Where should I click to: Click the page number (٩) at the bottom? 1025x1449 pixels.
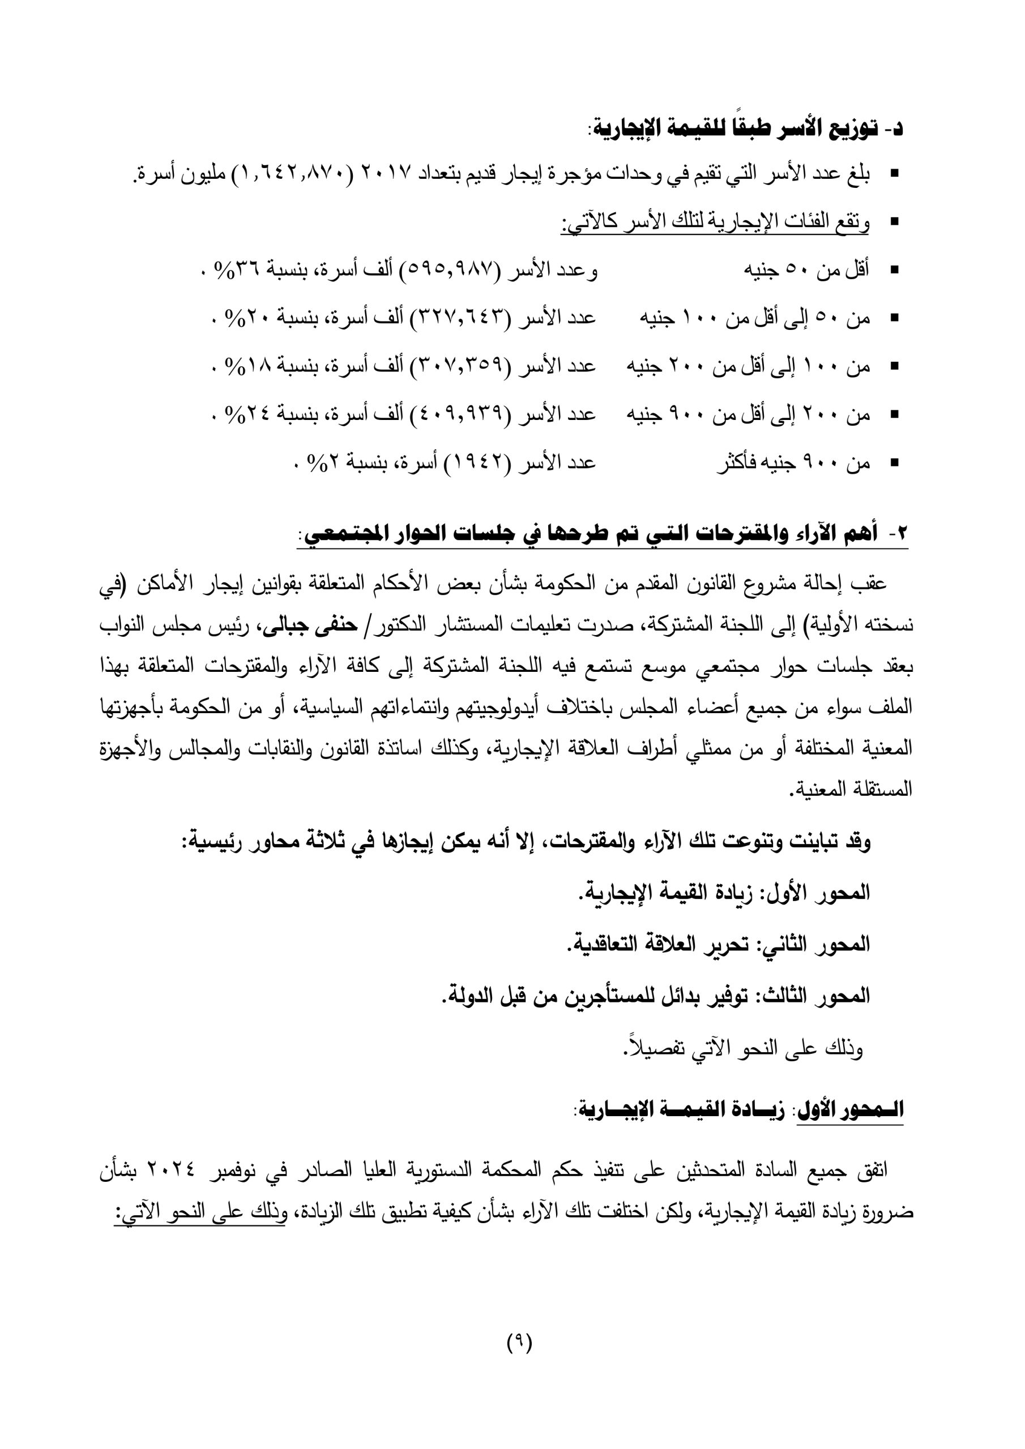click(519, 1360)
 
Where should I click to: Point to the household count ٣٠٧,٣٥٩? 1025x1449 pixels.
click(461, 367)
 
